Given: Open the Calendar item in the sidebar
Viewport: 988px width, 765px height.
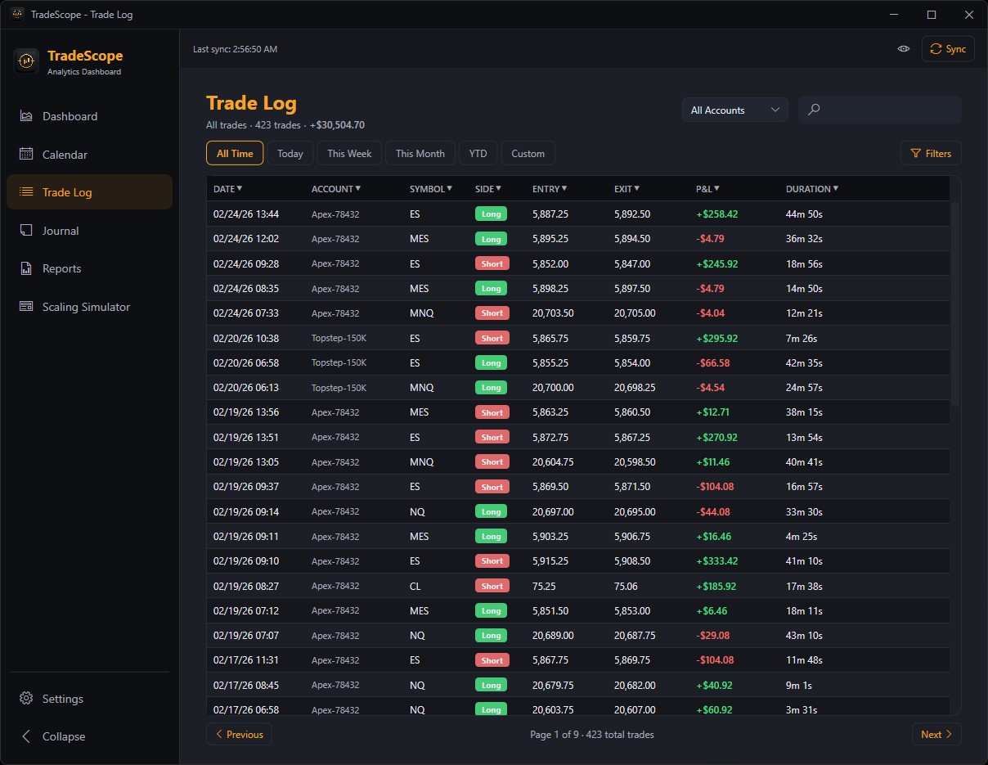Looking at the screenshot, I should (x=65, y=155).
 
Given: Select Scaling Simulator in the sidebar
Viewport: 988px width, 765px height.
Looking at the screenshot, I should (x=86, y=307).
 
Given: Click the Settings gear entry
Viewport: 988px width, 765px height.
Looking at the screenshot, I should (x=62, y=699).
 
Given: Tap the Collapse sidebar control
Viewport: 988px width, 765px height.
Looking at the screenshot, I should (x=63, y=736).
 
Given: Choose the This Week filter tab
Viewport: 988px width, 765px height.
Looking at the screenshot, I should (x=349, y=154).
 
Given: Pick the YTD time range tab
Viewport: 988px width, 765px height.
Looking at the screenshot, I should (x=478, y=154).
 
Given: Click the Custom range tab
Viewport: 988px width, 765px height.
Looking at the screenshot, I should (x=528, y=154).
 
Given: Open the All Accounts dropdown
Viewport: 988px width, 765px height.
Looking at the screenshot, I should (x=734, y=110).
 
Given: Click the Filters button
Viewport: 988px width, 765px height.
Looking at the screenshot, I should (x=931, y=154).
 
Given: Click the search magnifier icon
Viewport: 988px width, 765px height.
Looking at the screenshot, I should (x=814, y=110).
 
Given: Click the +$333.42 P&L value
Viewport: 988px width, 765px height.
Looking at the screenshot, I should (x=717, y=561).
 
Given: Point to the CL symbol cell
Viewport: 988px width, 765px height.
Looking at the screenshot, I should (x=415, y=586).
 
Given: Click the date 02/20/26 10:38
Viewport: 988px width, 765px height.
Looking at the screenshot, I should (x=246, y=338).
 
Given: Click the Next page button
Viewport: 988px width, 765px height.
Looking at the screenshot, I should (x=936, y=735).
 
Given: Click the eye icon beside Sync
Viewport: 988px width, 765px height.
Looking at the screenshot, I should (x=904, y=49).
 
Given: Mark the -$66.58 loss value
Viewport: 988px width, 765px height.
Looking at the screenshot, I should (x=713, y=362).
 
